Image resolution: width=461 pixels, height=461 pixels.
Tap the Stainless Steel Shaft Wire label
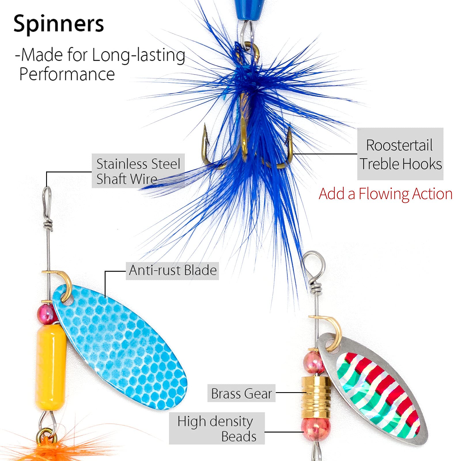coord(138,171)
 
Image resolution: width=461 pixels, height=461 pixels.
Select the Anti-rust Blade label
coord(172,271)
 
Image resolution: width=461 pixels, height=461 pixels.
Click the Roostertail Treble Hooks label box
coord(400,154)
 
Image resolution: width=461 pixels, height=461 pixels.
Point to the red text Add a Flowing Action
coord(386,194)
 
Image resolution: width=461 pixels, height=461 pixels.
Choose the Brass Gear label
coord(241,393)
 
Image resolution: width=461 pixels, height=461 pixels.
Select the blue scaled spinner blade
coord(121,343)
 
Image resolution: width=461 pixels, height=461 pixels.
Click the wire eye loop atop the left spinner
coord(48,199)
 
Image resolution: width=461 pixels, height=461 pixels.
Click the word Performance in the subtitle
coord(67,74)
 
